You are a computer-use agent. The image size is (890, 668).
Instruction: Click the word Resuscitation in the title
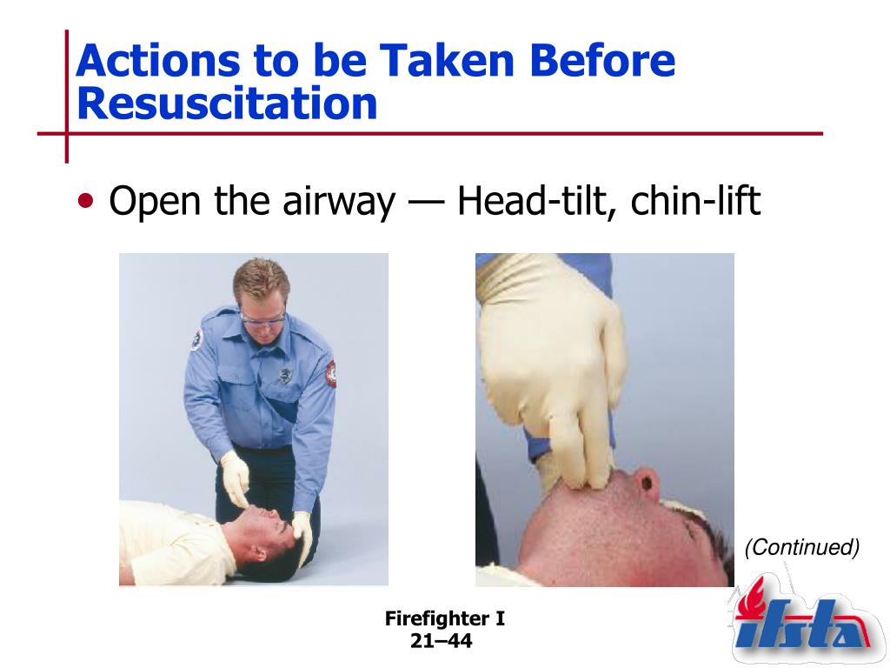click(x=227, y=104)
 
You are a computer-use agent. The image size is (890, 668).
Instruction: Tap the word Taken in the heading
click(x=447, y=60)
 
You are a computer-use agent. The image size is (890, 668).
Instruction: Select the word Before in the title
click(x=602, y=60)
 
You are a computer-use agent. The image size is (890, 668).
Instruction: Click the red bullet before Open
click(x=86, y=201)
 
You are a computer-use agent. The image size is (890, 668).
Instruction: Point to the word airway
click(x=339, y=202)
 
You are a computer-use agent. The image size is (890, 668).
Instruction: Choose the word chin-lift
click(x=695, y=201)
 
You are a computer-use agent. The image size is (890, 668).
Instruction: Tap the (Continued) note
click(x=802, y=547)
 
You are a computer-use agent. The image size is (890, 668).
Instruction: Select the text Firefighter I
click(x=444, y=618)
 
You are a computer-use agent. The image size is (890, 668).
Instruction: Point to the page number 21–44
click(x=441, y=641)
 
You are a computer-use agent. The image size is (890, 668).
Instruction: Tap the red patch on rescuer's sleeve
click(x=330, y=373)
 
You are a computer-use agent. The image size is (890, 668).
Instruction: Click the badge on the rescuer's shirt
click(x=285, y=375)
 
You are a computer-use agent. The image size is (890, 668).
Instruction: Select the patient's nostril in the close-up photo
click(x=647, y=482)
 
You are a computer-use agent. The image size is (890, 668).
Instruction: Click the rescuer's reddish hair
click(x=261, y=281)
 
